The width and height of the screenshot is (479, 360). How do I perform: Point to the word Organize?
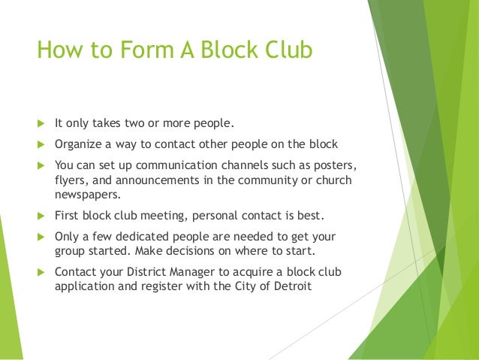(80, 144)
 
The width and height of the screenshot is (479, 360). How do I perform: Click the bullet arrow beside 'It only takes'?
(41, 123)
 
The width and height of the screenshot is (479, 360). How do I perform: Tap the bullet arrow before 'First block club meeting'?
(41, 216)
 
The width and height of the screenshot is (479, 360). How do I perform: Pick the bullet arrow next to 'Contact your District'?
(41, 272)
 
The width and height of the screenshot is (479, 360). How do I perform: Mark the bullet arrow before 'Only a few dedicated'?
(41, 237)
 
